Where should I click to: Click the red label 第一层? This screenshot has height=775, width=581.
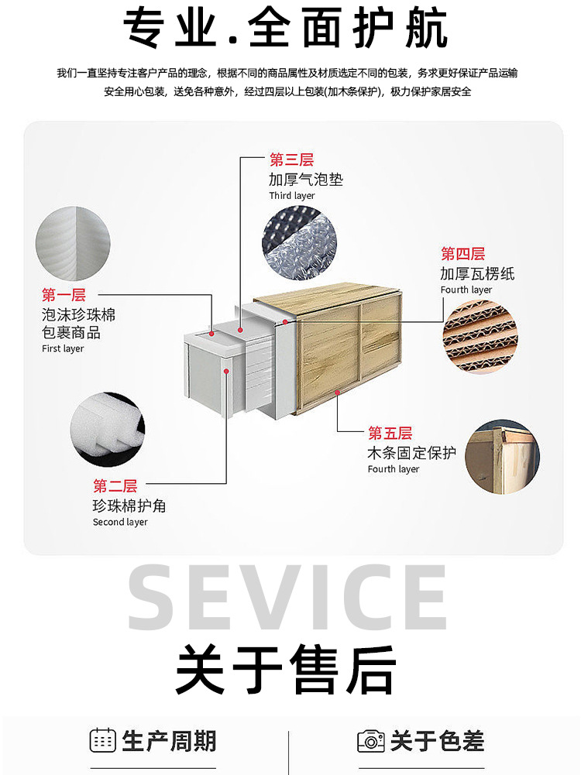coord(64,295)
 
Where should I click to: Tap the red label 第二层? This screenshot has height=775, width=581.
coord(115,486)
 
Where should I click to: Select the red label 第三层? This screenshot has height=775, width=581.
coord(292,159)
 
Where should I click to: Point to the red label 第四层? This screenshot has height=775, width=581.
coord(462,254)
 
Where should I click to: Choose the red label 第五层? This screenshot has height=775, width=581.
coord(390,434)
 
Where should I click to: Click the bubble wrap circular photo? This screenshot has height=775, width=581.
coord(299,242)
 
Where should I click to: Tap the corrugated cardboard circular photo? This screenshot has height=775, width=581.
coord(480,336)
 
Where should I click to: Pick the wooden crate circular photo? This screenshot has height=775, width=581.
coord(503,457)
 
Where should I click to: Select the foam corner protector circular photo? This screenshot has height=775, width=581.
coord(108,430)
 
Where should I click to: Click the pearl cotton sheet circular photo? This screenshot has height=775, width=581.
coord(73,244)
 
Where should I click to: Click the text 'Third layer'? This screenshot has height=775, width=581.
coord(292,196)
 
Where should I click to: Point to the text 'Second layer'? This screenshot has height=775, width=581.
coord(120,522)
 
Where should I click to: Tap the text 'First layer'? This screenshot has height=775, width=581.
coord(63,348)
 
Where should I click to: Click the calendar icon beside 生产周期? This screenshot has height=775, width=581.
coord(103,740)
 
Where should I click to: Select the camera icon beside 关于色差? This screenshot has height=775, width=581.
coord(371,741)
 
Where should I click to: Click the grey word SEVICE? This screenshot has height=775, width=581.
coord(287,598)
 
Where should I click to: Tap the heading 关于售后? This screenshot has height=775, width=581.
coord(286,670)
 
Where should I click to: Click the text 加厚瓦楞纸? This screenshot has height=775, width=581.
coord(477,273)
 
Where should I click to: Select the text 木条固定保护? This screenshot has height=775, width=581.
coord(412,453)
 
